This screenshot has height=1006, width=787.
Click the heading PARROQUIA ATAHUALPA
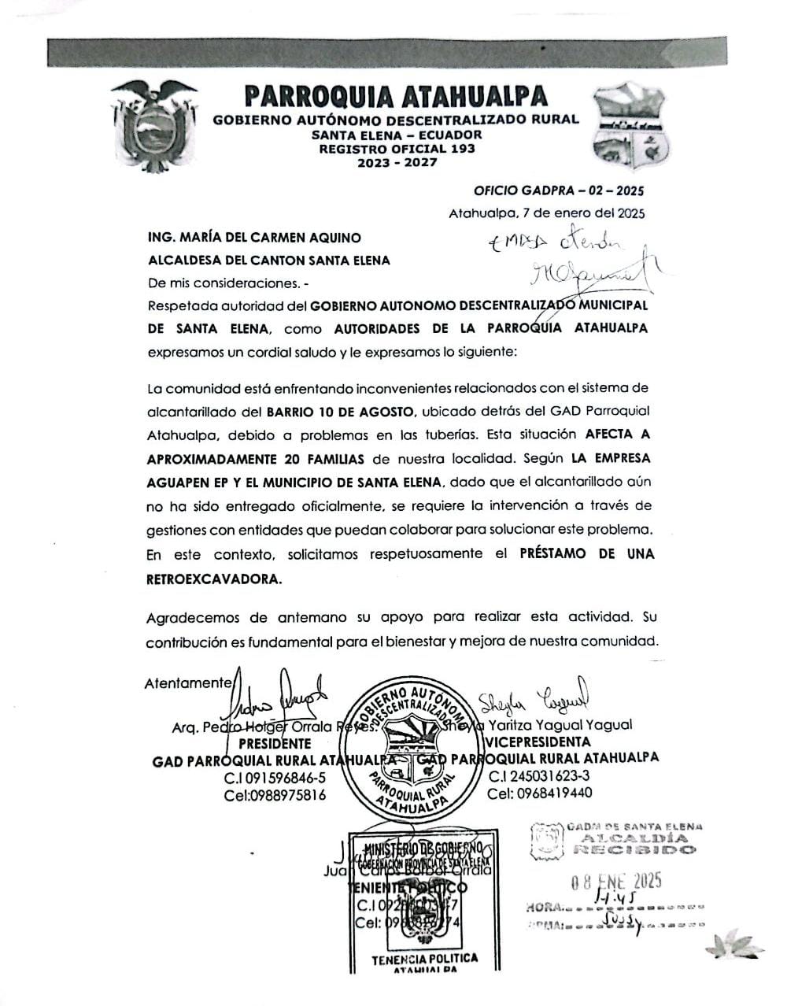[396, 96]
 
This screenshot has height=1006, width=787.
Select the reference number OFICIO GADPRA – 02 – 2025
[558, 190]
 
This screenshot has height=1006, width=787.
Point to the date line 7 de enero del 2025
[547, 213]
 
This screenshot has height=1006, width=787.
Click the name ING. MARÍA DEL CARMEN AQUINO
[255, 237]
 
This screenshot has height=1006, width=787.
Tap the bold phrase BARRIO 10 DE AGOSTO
[340, 411]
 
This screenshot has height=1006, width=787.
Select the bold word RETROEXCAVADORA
[213, 579]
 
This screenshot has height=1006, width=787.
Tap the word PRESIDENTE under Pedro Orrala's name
[275, 743]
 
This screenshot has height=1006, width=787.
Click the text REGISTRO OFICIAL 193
[396, 149]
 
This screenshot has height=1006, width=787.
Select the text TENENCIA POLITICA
[425, 959]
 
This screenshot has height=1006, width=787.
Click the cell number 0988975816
[275, 794]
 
